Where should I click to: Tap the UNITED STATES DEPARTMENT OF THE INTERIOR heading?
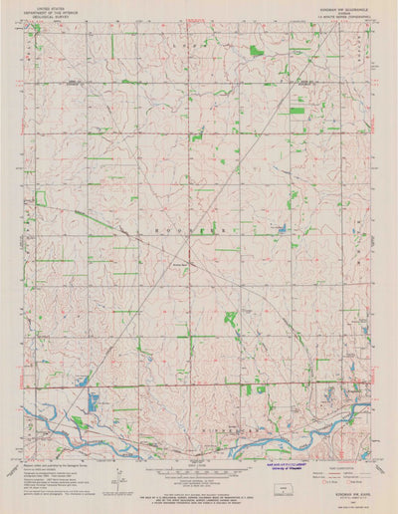tap(51, 12)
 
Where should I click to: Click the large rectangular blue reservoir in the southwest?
tap(94, 402)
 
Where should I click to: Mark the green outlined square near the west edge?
tap(41, 198)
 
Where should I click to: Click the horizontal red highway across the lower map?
tap(199, 385)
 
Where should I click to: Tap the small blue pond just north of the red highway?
tap(84, 379)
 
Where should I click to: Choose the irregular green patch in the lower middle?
tap(231, 320)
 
